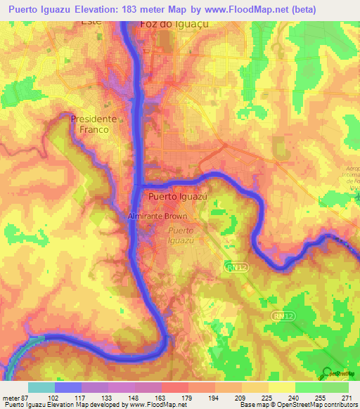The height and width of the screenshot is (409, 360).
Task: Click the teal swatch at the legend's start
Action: click(x=41, y=387)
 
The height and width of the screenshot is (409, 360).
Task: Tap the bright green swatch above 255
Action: click(x=308, y=387)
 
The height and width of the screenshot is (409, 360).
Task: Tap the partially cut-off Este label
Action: click(x=91, y=23)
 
